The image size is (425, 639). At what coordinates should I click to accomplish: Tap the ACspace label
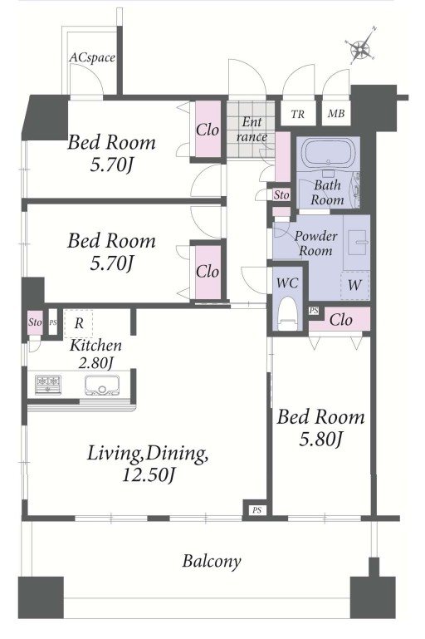click(91, 58)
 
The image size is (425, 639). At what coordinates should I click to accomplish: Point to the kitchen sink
click(102, 385)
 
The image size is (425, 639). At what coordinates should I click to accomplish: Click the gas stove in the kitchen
click(48, 385)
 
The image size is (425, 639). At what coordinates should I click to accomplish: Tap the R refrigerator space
click(79, 323)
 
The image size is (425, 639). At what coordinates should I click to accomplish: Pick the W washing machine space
click(354, 285)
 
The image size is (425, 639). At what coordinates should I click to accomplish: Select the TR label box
click(298, 114)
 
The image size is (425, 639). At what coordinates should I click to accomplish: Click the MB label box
click(336, 114)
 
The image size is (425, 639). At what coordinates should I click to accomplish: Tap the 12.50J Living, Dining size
click(149, 475)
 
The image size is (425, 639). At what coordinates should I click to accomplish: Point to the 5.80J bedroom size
click(320, 439)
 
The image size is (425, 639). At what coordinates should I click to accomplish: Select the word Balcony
click(212, 561)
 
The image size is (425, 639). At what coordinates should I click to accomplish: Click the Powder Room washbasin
click(357, 242)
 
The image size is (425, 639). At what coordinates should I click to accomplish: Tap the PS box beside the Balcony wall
click(256, 510)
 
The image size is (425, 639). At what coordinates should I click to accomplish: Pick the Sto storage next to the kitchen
click(35, 322)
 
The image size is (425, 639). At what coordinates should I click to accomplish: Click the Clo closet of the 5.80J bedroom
click(340, 320)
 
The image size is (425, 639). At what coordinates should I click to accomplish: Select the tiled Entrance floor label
click(252, 130)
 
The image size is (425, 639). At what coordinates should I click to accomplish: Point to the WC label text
click(287, 283)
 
